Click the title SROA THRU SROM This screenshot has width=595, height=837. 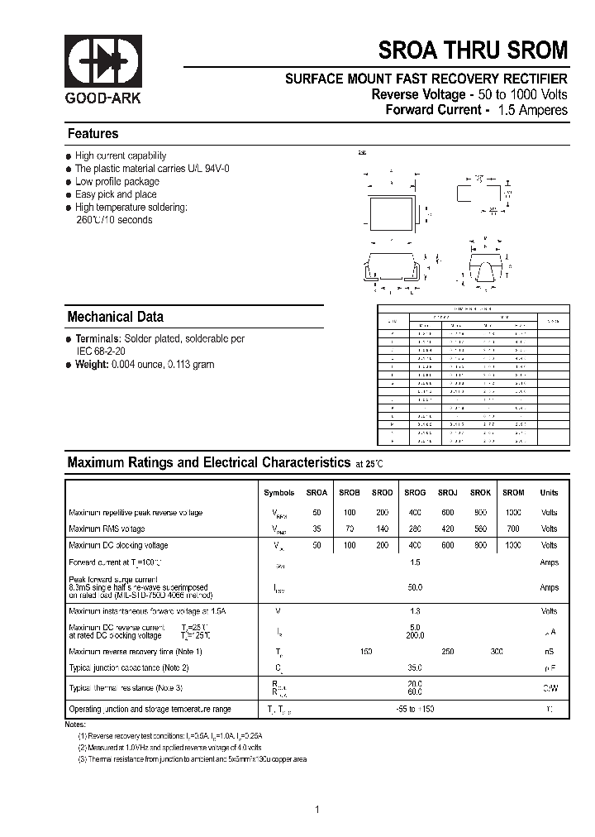coord(474,50)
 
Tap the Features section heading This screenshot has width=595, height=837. coord(93,134)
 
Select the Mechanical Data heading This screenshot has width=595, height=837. coord(115,317)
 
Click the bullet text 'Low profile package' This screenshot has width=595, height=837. coord(117,181)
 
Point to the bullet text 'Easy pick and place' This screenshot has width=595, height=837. coord(116,194)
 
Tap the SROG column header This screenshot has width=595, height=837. coord(415,493)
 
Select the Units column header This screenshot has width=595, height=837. coord(549,493)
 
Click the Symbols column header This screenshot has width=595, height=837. coord(278,493)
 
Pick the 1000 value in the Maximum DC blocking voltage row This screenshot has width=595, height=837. coord(513,546)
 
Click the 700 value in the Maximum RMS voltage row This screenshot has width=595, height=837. coord(513,529)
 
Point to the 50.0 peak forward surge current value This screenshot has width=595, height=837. coord(415,587)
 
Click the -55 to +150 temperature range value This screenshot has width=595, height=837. coord(415,710)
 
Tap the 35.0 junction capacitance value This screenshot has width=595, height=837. coord(415,667)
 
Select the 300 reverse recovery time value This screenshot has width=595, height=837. coord(496,652)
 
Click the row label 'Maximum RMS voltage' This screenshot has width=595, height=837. coord(107,529)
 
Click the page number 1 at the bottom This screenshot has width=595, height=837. coord(317,787)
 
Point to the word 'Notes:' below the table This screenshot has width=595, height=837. coord(75,725)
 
